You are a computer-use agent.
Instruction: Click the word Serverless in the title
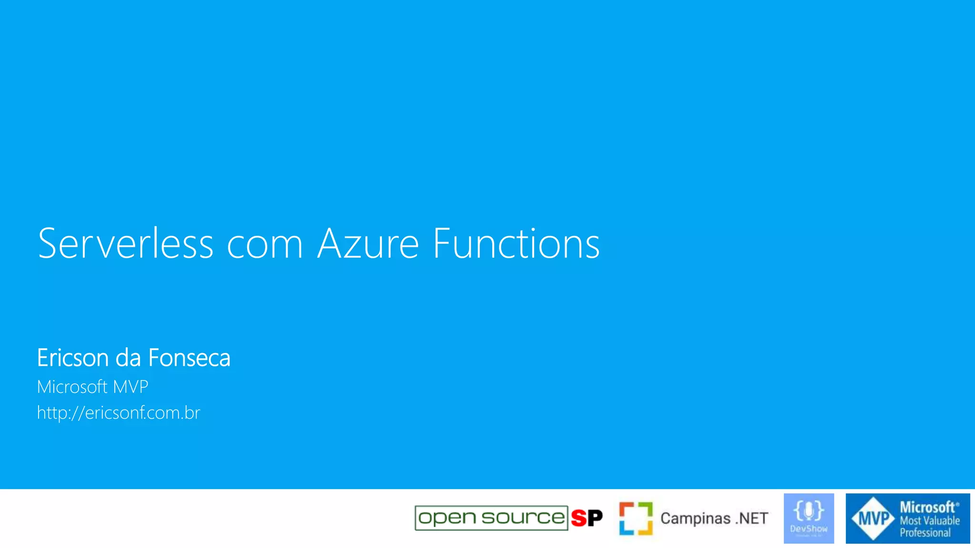click(x=125, y=244)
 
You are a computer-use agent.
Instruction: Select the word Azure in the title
click(x=368, y=244)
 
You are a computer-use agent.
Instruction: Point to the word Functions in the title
click(x=516, y=244)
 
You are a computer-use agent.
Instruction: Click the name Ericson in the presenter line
click(x=73, y=358)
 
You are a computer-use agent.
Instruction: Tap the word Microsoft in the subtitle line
click(x=72, y=387)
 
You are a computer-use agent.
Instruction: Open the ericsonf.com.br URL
click(x=119, y=412)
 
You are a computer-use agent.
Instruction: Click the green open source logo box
click(x=491, y=518)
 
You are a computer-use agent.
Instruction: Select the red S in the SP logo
click(x=579, y=518)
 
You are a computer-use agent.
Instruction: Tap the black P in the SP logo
click(x=595, y=518)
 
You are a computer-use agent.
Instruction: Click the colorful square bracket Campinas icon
click(x=636, y=518)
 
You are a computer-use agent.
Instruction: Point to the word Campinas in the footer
click(x=695, y=518)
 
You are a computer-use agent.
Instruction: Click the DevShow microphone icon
click(x=809, y=511)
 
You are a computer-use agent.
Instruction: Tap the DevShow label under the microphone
click(x=809, y=528)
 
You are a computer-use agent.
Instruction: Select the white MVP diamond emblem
click(x=873, y=519)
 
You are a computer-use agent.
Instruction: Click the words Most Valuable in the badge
click(x=929, y=520)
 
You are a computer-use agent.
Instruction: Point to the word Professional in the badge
click(x=925, y=533)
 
